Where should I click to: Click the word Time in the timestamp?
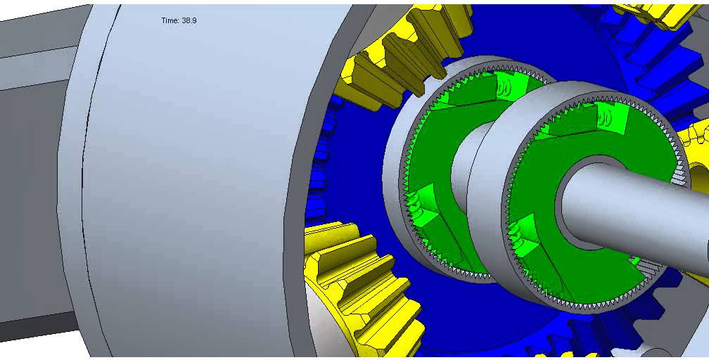click(170, 21)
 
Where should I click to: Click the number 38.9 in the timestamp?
click(189, 21)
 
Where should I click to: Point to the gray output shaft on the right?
click(633, 211)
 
